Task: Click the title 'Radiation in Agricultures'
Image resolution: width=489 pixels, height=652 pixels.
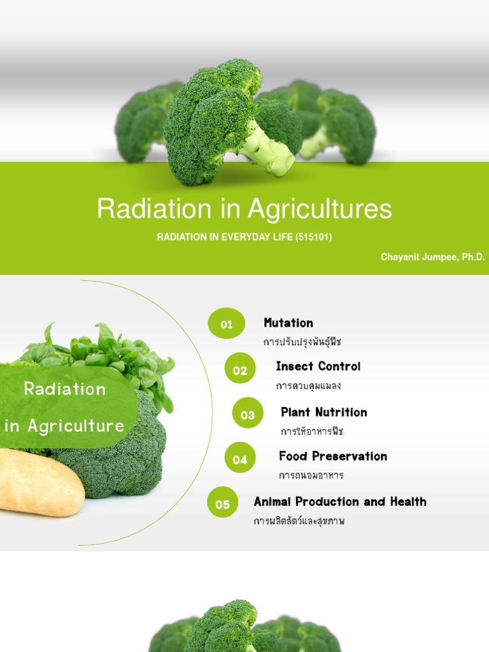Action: pos(244,209)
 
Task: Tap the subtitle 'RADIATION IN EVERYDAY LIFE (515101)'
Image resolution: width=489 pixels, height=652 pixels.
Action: pos(244,237)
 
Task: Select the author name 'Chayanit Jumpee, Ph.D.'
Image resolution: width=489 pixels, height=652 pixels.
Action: pos(433,257)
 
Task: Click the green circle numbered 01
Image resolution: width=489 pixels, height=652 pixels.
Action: pos(226,324)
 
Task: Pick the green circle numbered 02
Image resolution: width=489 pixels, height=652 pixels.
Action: pos(240,370)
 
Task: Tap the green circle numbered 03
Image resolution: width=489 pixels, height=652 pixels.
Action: pos(248,415)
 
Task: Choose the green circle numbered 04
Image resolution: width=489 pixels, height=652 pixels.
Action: pos(240,459)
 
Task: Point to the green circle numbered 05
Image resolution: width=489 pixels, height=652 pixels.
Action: pos(222,504)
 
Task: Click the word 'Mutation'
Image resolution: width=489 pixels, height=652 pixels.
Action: pos(288,323)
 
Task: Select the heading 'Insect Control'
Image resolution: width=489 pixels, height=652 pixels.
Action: pos(318,366)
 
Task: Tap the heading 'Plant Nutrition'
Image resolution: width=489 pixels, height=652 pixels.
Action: pos(324,412)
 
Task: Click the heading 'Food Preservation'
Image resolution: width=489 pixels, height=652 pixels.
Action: pos(333,456)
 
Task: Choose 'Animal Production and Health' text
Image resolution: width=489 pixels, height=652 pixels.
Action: pos(340,502)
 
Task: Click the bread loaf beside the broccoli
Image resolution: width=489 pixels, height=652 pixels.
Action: pos(38,482)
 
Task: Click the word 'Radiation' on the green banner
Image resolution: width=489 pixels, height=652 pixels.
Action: pos(65,388)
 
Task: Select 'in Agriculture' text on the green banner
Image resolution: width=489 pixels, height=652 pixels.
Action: pos(65,425)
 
